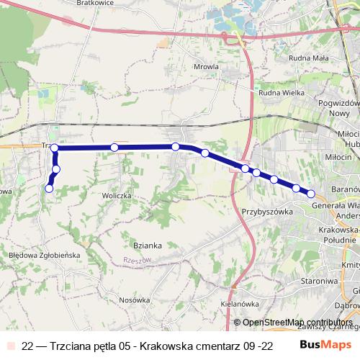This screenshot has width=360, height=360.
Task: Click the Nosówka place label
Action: [x=134, y=300]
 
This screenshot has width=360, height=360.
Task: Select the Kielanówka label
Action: [x=240, y=303]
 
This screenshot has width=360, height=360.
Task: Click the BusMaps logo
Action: [x=325, y=346]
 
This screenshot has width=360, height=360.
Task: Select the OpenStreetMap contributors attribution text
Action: [x=297, y=322]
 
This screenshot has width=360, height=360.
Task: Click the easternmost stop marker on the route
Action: [x=311, y=193]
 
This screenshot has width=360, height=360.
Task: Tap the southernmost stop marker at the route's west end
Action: [x=49, y=189]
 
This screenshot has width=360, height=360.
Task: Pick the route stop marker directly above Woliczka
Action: [x=114, y=148]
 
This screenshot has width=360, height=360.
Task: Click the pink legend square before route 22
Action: [x=10, y=346]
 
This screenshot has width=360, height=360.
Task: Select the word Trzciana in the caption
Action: [x=74, y=346]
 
